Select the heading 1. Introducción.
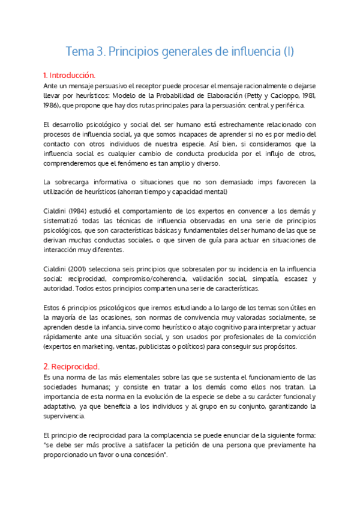click(x=70, y=76)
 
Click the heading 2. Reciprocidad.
click(x=71, y=366)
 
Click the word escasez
click(x=298, y=279)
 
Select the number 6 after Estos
click(x=66, y=308)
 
